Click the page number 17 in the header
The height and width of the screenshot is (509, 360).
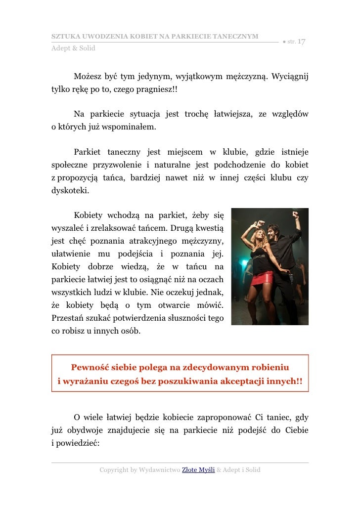(x=302, y=42)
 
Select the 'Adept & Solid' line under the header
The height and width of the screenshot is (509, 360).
(x=74, y=48)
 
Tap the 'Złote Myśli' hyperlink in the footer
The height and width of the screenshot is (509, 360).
(x=198, y=469)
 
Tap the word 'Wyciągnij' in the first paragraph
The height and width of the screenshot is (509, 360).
(x=290, y=77)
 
